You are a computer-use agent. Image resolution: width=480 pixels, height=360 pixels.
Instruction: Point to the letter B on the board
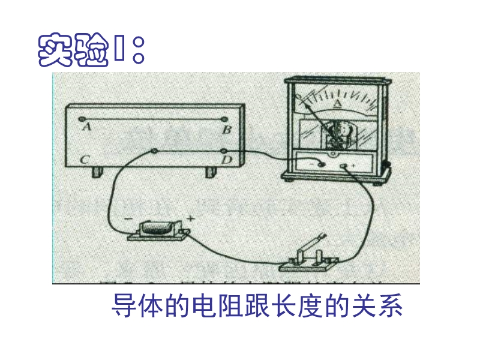click(x=227, y=130)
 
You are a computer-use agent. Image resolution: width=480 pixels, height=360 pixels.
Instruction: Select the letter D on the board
click(x=227, y=160)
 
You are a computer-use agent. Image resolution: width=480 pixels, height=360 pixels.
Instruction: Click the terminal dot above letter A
click(x=83, y=118)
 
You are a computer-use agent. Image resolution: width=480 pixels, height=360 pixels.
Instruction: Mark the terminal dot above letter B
click(x=224, y=119)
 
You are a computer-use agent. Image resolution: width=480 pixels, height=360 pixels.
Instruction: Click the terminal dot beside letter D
click(x=224, y=150)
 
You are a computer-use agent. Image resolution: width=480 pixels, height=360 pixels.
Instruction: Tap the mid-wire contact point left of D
click(x=154, y=151)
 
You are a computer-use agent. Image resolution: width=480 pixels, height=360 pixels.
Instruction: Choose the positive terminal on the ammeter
click(x=344, y=166)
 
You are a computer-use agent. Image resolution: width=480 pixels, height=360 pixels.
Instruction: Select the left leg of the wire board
click(x=97, y=172)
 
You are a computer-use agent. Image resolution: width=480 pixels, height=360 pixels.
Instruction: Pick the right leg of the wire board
click(x=211, y=172)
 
